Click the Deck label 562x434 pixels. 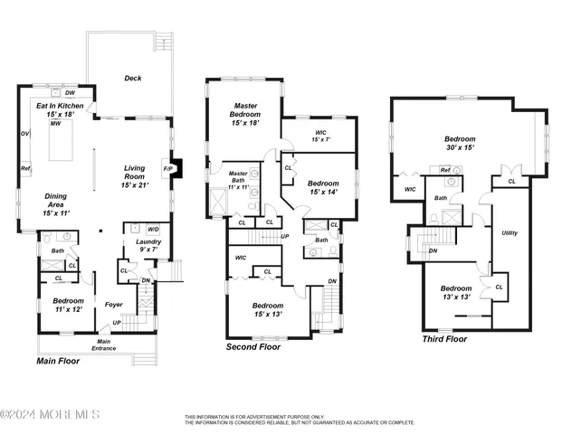coord(134,79)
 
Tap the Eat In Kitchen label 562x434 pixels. coord(59,110)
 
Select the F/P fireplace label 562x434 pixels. coord(167,168)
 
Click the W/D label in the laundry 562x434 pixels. coord(153,230)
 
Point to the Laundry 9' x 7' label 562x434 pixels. coord(148,247)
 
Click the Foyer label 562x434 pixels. coord(113,305)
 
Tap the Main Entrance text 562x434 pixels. coord(103,344)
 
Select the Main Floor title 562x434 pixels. coord(58,362)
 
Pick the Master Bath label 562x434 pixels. coord(238,178)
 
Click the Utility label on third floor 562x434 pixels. coord(510,232)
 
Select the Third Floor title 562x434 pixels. coord(444,339)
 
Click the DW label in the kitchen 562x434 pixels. coord(70,92)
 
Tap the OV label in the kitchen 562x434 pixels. coord(24,135)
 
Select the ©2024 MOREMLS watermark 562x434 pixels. coord(50,415)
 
